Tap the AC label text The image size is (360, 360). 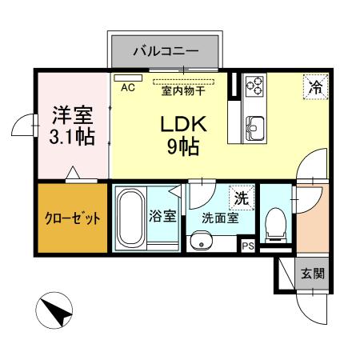(127, 89)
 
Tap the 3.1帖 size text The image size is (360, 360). (71, 136)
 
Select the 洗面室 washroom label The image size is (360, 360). (219, 217)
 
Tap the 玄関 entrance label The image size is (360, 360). (312, 274)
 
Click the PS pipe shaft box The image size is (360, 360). (249, 246)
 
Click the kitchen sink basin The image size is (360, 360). (256, 127)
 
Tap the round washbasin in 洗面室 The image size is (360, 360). (200, 242)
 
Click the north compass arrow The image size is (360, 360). (56, 310)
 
